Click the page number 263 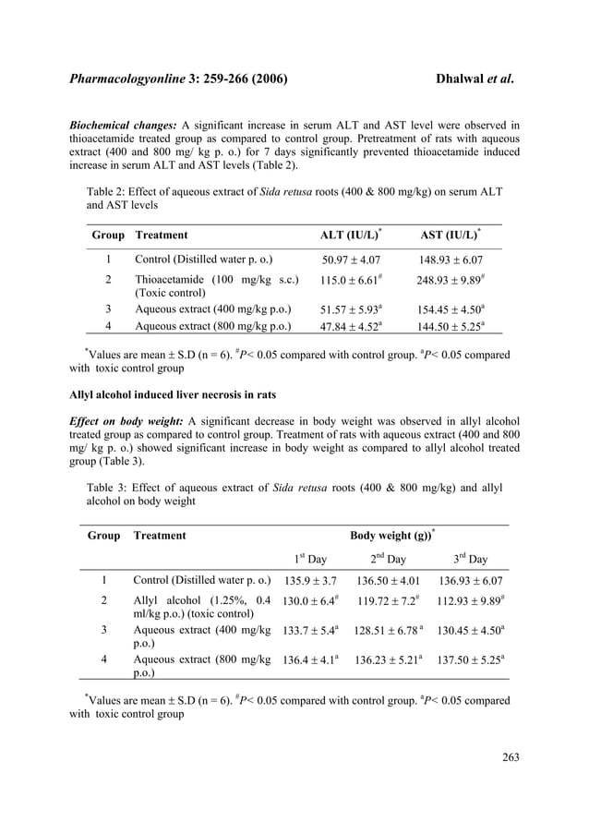point(511,757)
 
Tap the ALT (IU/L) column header point(349,236)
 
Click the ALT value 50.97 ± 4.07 point(350,261)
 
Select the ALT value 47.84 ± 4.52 point(350,325)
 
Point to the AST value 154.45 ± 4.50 point(450,308)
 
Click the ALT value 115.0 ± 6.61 point(350,280)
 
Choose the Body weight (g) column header point(392,535)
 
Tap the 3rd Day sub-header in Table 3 point(471,559)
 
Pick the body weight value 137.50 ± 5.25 point(471,659)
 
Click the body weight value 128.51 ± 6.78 point(388,630)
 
